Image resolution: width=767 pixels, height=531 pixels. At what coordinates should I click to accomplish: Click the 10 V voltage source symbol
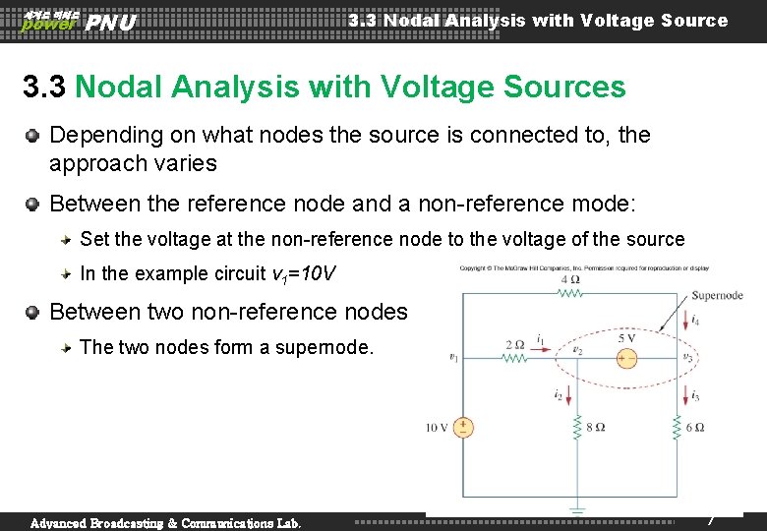pos(462,427)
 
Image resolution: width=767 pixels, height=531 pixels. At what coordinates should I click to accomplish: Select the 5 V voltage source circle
pos(626,358)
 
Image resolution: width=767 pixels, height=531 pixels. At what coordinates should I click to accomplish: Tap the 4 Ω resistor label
pos(569,280)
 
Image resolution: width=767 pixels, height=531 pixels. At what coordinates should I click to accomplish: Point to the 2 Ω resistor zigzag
pos(515,358)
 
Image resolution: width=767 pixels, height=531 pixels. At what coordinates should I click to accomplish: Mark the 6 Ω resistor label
pos(696,428)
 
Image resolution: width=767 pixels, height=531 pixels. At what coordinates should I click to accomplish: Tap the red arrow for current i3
pos(683,394)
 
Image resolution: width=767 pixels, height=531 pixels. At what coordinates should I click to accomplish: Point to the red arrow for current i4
pos(683,319)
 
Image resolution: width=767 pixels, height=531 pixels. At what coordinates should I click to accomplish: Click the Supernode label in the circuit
pos(717,294)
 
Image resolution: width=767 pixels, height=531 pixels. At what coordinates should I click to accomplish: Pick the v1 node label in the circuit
pos(453,358)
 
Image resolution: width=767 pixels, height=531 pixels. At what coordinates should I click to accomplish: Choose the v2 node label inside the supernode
pos(578,349)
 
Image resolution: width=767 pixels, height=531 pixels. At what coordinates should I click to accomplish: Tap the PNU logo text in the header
pos(110,22)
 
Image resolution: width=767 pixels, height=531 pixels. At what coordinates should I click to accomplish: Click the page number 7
pos(710,518)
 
